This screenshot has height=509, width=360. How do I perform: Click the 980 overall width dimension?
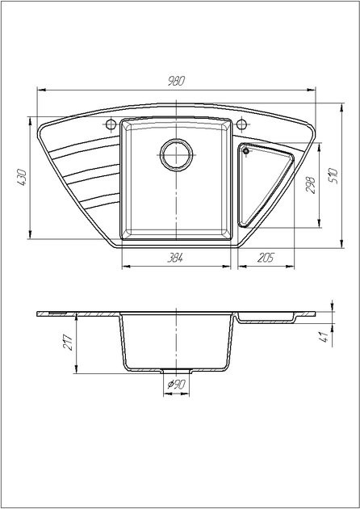pos(176,81)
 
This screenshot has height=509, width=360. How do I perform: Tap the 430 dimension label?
pos(22,177)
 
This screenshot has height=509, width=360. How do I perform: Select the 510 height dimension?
pos(333,175)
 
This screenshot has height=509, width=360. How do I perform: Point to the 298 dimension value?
pos(311,185)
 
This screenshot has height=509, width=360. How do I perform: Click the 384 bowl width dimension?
pos(175,258)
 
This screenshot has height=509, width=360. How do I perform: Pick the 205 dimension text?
pos(266,258)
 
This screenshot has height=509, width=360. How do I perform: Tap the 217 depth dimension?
pos(69,342)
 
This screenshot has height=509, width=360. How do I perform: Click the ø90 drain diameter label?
pos(177,385)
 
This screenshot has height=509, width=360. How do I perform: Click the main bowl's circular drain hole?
pos(176,154)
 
